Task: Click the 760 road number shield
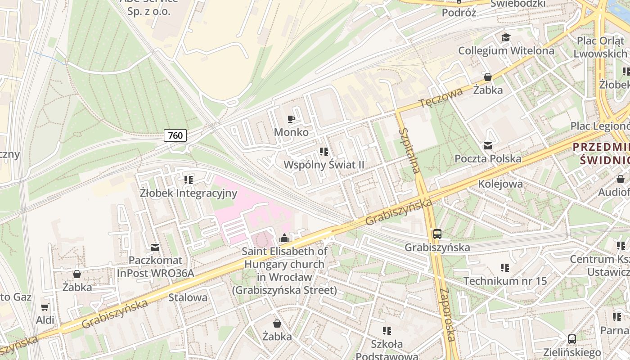click(175, 135)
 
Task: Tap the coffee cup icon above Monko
click(291, 119)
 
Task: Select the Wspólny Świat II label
click(324, 165)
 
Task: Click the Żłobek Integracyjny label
click(188, 193)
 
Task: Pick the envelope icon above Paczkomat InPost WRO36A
click(155, 247)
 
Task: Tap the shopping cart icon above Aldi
click(45, 307)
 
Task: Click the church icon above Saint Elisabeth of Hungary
click(284, 238)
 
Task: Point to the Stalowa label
click(188, 297)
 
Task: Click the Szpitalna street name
click(410, 150)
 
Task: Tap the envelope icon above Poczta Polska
click(488, 145)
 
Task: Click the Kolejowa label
click(500, 184)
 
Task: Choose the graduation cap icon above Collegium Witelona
click(506, 37)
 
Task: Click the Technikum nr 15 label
click(505, 281)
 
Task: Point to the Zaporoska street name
click(447, 315)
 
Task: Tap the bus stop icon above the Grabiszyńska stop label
click(437, 234)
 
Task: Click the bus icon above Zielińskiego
click(571, 339)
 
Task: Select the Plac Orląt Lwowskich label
click(602, 47)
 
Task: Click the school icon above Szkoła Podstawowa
click(387, 331)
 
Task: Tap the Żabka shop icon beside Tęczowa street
click(487, 77)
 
